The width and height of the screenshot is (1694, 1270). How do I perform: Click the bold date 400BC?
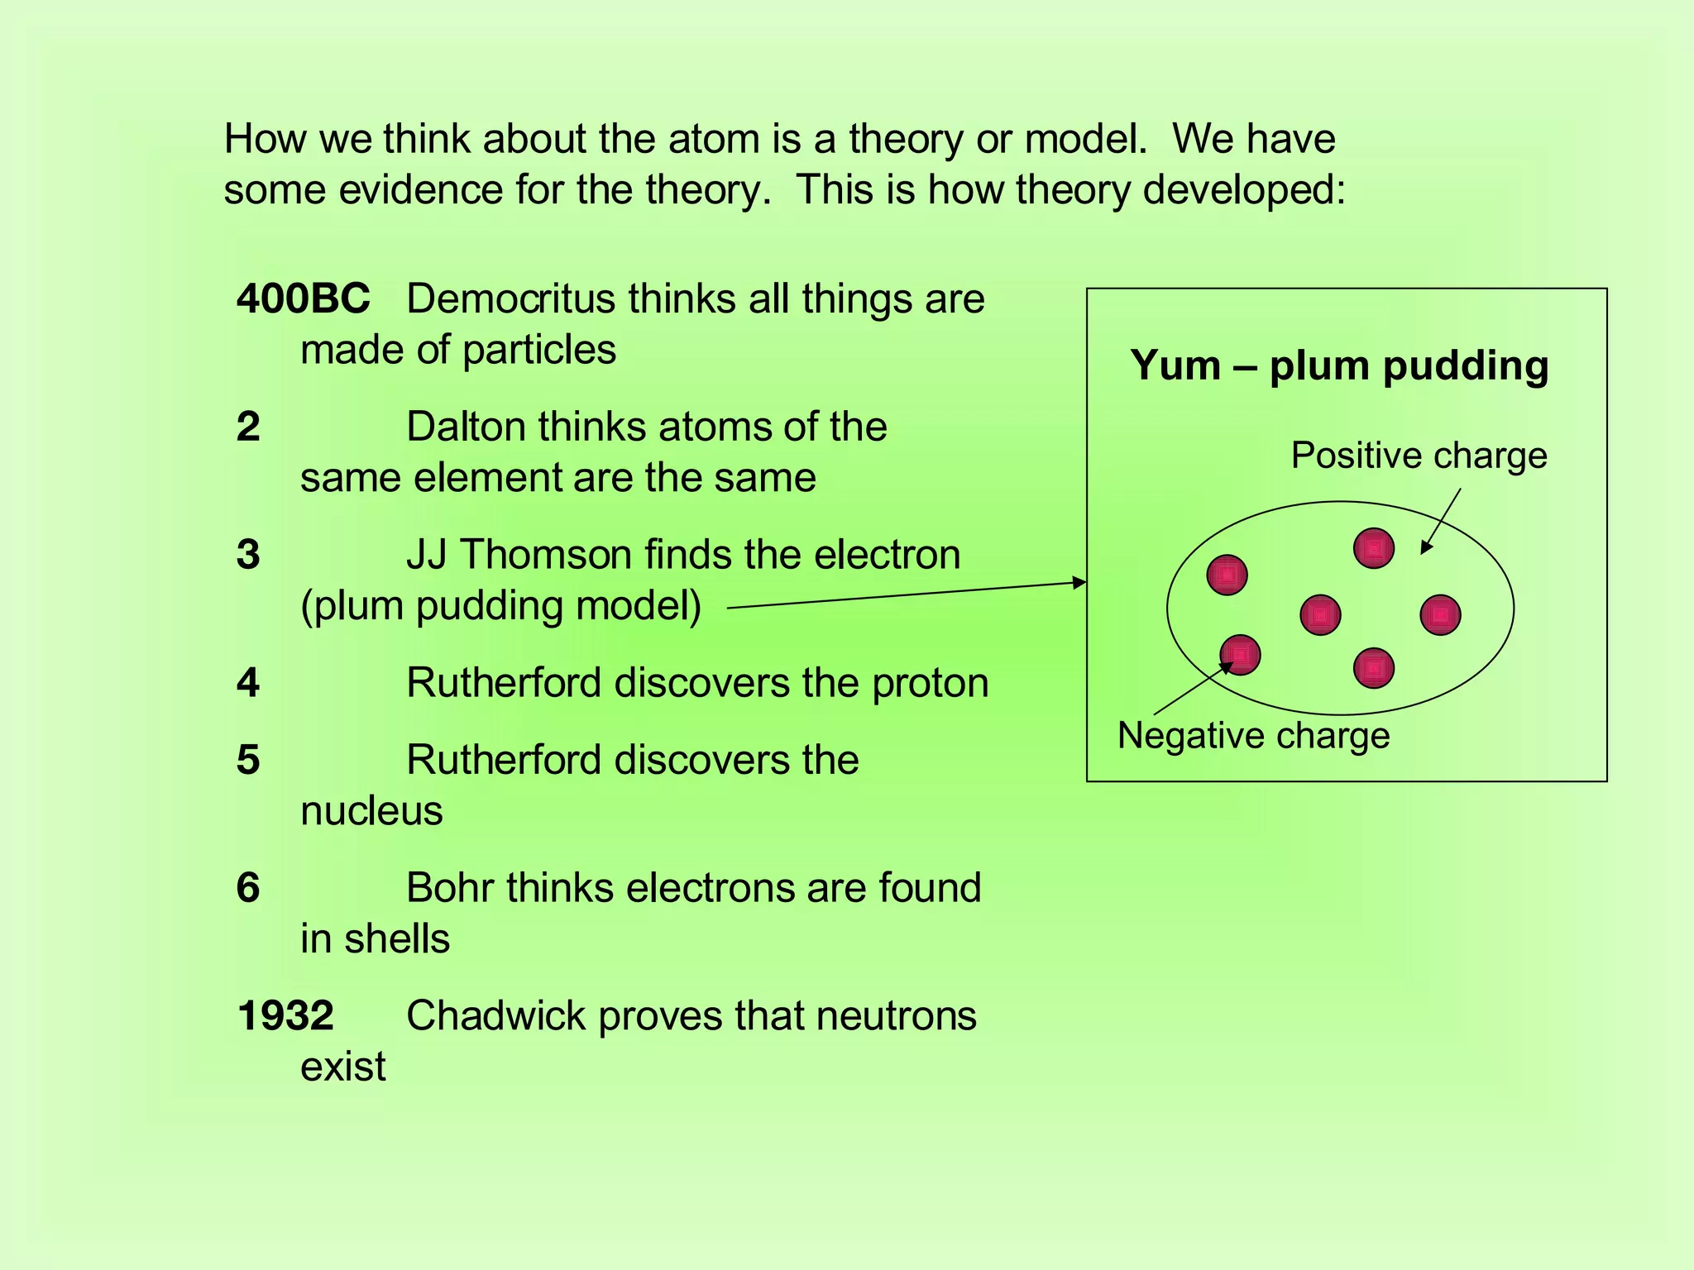(x=303, y=298)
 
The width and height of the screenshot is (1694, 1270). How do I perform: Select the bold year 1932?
(x=285, y=1015)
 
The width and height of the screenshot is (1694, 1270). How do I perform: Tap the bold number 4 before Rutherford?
(x=248, y=683)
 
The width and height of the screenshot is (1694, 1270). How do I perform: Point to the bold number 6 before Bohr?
(x=248, y=888)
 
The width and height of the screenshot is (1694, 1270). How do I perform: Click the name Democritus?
(x=510, y=298)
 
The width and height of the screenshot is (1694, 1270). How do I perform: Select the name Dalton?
(x=465, y=427)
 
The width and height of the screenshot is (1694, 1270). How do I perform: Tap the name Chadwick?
(x=495, y=1015)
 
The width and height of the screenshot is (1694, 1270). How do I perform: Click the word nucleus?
(x=371, y=811)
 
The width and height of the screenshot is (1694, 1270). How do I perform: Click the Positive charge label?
(x=1419, y=456)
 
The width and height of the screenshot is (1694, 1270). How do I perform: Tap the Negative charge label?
(x=1253, y=736)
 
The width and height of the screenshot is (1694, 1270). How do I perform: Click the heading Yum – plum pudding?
(x=1339, y=365)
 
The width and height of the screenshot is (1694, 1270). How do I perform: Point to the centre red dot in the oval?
(x=1320, y=615)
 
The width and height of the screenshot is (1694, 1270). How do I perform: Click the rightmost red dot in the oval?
(x=1440, y=615)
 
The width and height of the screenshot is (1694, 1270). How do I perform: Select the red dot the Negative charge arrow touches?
(x=1240, y=655)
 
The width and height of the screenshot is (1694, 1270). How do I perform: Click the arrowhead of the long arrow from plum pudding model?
(x=1079, y=582)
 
